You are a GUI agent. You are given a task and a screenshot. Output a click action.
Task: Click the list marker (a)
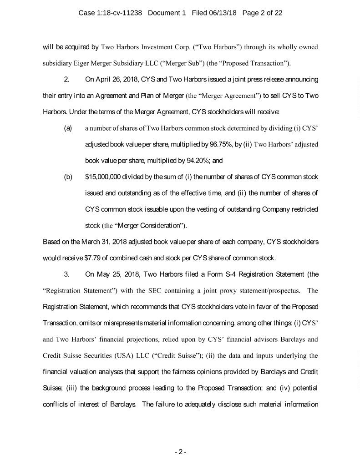click(x=68, y=129)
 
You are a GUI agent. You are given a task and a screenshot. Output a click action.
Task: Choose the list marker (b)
click(x=68, y=176)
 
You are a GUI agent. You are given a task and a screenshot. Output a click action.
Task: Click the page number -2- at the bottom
click(x=180, y=452)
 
